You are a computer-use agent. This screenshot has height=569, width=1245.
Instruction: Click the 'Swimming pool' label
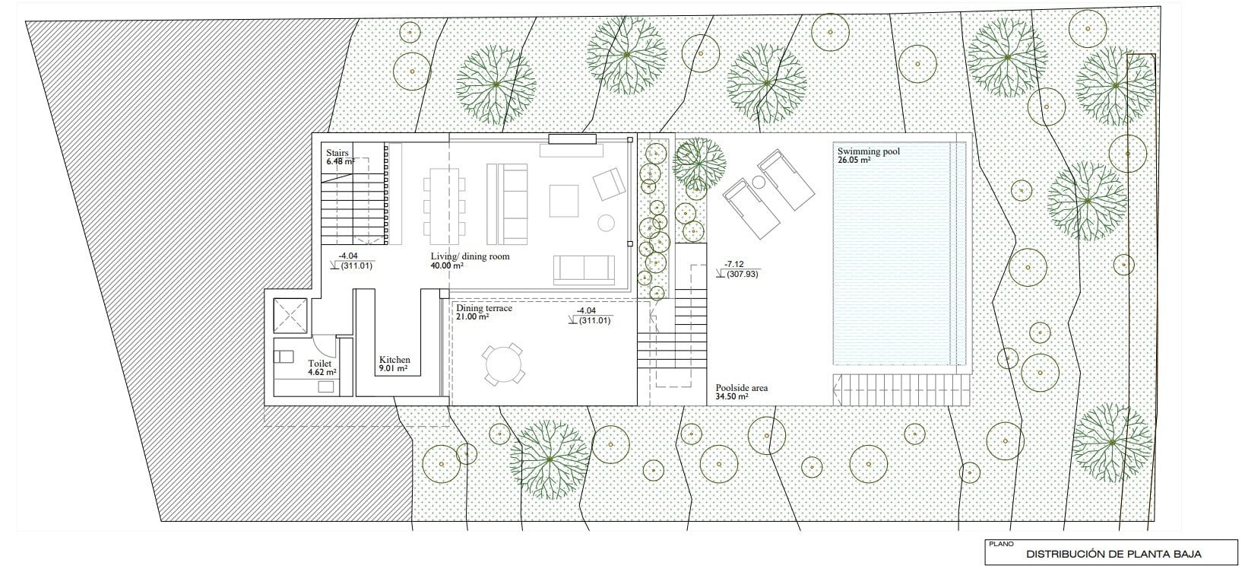[868, 151]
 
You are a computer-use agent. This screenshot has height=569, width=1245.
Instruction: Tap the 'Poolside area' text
[741, 388]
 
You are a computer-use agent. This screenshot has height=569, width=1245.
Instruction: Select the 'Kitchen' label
[394, 360]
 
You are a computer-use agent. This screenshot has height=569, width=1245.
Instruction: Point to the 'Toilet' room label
[319, 363]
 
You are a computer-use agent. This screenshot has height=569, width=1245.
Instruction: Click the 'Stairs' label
[337, 152]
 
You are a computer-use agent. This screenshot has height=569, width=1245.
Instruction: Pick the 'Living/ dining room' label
[470, 256]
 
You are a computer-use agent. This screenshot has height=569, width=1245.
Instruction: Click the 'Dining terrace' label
[484, 308]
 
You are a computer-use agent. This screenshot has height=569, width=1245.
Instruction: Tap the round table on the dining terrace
[504, 365]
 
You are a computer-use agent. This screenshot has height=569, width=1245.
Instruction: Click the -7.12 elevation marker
[734, 264]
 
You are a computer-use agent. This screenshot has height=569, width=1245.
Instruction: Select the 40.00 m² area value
[447, 266]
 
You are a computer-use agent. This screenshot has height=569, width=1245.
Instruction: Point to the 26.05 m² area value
[854, 161]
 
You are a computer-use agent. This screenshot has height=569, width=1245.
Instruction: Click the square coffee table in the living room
[563, 201]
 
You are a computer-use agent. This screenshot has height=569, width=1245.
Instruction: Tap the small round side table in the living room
[606, 223]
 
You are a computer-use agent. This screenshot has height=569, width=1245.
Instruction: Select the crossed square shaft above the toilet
[290, 316]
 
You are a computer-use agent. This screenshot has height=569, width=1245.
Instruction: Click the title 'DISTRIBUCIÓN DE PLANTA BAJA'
[1114, 555]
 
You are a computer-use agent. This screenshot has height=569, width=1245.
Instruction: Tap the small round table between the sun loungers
[758, 182]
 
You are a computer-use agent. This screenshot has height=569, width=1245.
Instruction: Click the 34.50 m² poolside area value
[731, 396]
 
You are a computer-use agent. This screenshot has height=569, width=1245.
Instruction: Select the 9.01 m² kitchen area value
[393, 369]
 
